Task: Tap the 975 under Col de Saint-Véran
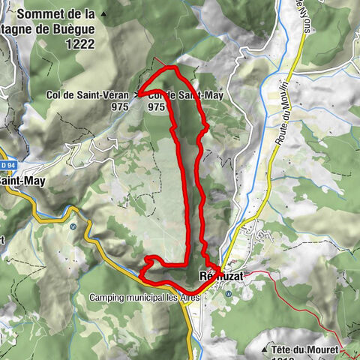click(119, 106)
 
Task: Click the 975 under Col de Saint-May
click(156, 106)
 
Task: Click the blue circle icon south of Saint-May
click(73, 226)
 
